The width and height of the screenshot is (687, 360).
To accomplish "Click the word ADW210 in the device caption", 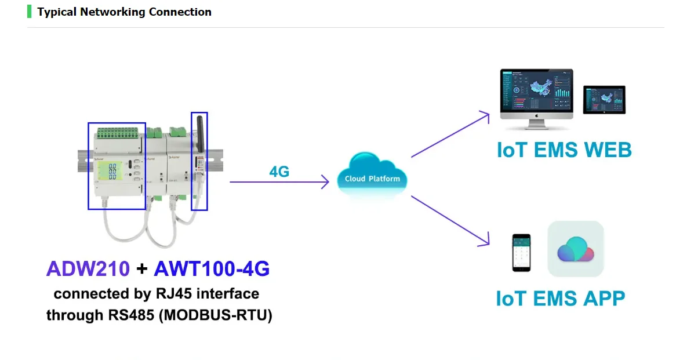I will point(88,268).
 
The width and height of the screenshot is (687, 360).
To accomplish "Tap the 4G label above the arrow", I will point(279,172).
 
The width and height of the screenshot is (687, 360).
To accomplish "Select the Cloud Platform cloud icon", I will point(372,175).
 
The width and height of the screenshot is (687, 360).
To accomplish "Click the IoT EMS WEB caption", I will point(564,150).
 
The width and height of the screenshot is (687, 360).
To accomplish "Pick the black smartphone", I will point(521,253).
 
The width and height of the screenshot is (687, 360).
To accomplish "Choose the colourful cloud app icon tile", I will point(576,249).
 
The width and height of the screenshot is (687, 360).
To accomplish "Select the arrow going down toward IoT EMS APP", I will point(450,221).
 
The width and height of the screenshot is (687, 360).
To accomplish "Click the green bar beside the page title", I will point(29,12).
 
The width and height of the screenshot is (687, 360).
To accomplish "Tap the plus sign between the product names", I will point(141,269).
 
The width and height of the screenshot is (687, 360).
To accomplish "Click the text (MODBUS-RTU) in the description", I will point(217,315).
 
